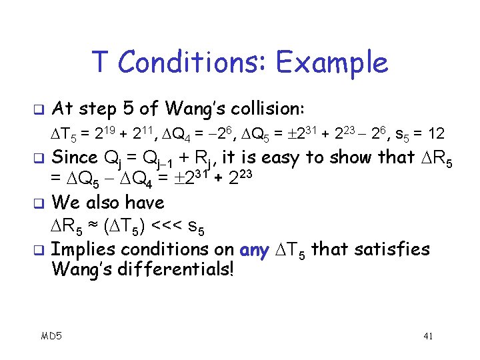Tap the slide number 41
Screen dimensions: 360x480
pyautogui.click(x=428, y=336)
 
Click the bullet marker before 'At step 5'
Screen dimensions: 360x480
pyautogui.click(x=37, y=108)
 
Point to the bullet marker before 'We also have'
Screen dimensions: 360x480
pyautogui.click(x=37, y=201)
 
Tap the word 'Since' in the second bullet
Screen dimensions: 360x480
pyautogui.click(x=74, y=157)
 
